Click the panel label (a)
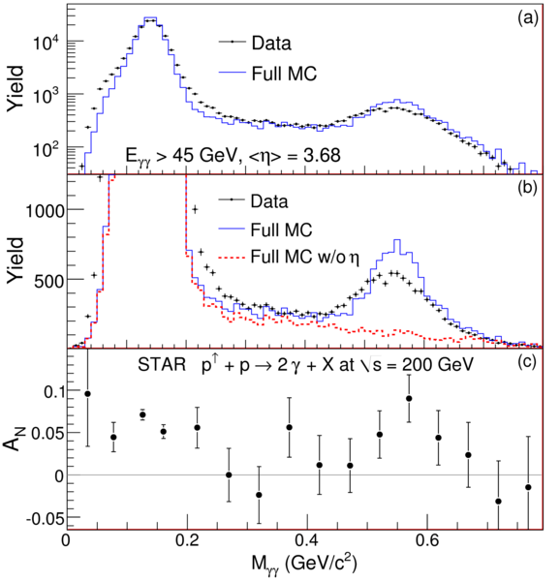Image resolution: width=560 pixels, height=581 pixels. click(x=528, y=18)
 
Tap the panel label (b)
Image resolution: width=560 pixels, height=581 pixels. click(x=528, y=188)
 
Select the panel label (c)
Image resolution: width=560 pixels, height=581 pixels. click(x=528, y=362)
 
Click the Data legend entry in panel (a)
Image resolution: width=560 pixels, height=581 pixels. click(x=255, y=43)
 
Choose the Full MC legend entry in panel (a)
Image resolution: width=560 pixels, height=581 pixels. click(x=268, y=74)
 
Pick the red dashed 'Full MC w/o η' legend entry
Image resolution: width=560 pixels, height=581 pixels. click(x=289, y=257)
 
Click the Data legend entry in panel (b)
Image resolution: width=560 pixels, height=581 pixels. click(x=253, y=201)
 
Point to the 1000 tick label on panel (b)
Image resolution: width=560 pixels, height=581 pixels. click(x=45, y=210)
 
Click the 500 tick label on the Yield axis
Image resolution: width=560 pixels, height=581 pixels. click(x=49, y=281)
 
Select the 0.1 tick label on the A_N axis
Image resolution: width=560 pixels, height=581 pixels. click(x=54, y=391)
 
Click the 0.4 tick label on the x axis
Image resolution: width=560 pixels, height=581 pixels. click(x=307, y=540)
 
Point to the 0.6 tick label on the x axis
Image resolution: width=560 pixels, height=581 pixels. click(x=427, y=540)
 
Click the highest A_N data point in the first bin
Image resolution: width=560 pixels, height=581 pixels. click(x=88, y=393)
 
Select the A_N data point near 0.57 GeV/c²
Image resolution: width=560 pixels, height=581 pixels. click(x=409, y=398)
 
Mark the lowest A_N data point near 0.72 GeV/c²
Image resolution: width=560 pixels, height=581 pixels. click(x=499, y=502)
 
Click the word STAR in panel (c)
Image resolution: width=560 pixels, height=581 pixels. click(x=162, y=365)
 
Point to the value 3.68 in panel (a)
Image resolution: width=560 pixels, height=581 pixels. click(x=321, y=155)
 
